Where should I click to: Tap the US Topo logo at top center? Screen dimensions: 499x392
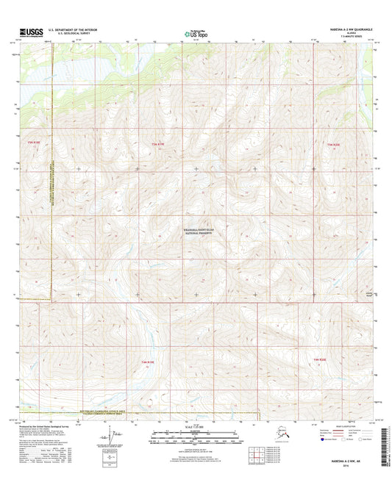pos(195,33)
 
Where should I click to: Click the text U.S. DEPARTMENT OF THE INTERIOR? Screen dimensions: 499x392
pos(73,30)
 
